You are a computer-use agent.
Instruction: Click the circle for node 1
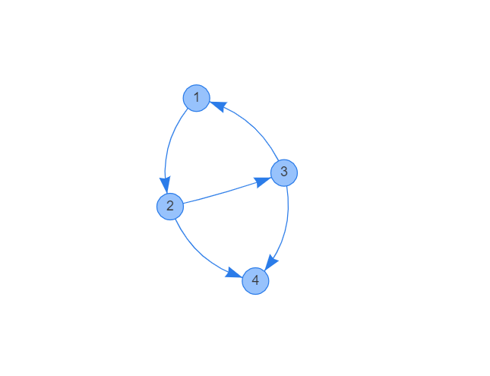[196, 98]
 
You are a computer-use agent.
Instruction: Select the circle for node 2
[169, 206]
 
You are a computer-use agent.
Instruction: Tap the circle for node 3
[284, 172]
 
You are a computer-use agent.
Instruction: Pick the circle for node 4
[255, 281]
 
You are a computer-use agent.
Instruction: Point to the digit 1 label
[196, 98]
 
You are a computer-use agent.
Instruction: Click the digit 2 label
[169, 206]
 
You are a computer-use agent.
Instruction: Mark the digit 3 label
[284, 172]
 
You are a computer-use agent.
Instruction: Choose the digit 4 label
[255, 281]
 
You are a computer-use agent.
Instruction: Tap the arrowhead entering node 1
[217, 105]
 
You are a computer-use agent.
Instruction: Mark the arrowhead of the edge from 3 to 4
[270, 262]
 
